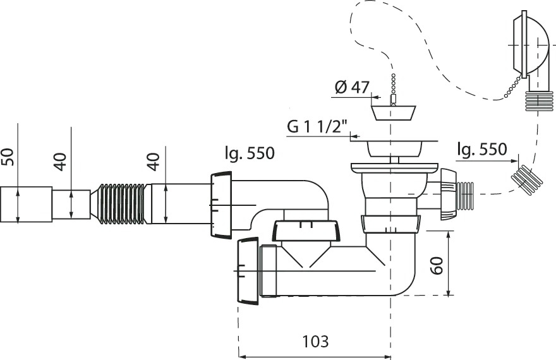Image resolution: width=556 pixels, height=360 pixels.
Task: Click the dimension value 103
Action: point(315,341)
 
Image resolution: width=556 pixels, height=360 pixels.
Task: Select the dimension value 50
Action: point(8,157)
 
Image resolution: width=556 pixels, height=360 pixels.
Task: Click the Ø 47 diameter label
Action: point(352,87)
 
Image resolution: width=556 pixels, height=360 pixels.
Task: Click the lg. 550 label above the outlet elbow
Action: point(250,153)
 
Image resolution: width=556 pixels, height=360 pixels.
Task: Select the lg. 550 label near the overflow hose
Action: point(482,149)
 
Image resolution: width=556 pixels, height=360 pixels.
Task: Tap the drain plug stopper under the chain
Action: point(393,112)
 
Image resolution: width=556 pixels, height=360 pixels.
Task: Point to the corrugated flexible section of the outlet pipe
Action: point(121,204)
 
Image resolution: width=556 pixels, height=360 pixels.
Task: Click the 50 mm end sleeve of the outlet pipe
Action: point(27,205)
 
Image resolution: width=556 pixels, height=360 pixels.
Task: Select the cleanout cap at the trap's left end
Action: point(248,271)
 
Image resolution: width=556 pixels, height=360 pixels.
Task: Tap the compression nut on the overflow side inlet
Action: point(449,194)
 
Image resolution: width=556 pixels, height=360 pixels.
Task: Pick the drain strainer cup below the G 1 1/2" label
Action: point(393,148)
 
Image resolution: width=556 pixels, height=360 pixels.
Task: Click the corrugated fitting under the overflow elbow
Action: point(538,100)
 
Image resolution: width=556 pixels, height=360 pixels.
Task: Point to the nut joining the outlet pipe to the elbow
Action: point(221,205)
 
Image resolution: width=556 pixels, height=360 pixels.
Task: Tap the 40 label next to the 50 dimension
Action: point(61,162)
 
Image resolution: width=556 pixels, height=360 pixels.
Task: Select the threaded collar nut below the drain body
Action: point(390,224)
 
